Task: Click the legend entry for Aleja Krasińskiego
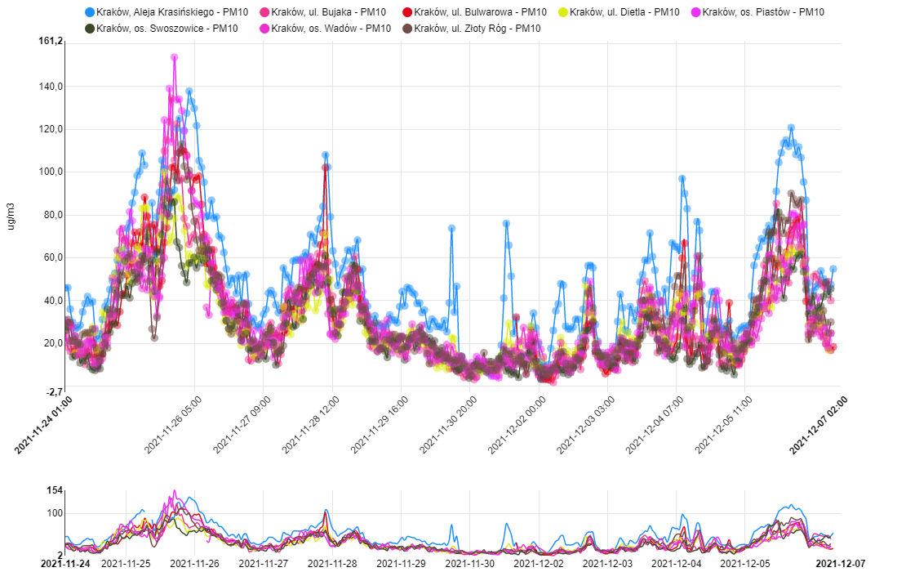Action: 154,12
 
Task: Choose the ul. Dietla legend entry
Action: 624,12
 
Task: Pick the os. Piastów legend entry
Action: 762,12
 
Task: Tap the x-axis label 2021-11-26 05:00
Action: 173,425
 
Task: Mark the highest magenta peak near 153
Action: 174,57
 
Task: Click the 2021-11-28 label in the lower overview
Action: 333,563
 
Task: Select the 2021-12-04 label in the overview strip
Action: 678,563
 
